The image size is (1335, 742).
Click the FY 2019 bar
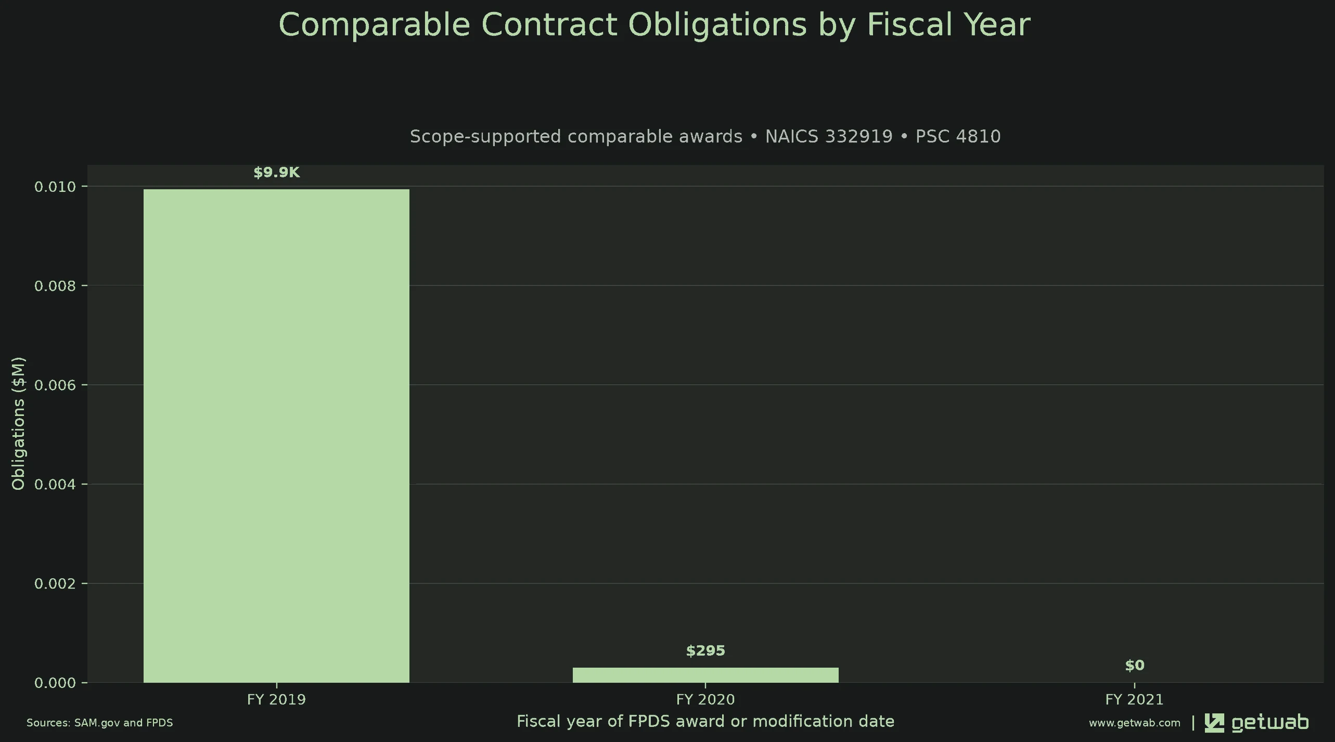pos(276,436)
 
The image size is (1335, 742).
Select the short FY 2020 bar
pos(705,675)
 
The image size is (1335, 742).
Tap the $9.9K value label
pos(276,173)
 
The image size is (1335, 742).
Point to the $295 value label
pos(705,651)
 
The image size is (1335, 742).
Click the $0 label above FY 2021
pos(1135,666)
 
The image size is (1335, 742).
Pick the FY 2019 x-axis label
pos(276,699)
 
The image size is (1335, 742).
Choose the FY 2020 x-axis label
pos(705,699)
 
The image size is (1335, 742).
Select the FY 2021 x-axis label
pos(1135,699)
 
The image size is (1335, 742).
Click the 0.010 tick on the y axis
pos(55,187)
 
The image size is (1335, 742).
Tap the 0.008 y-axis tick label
pos(55,286)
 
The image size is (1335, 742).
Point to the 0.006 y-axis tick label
pos(55,385)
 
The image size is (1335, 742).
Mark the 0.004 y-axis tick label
pos(55,485)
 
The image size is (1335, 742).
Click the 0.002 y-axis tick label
pos(55,584)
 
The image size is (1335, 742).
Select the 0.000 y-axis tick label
pos(55,683)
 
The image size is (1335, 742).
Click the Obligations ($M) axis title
pos(18,424)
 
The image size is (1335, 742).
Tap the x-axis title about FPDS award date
pos(705,722)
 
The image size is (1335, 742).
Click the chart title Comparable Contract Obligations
pos(654,24)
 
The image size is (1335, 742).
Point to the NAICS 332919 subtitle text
pos(829,137)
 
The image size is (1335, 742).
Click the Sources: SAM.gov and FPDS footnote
pos(100,723)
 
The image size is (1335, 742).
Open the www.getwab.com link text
pos(1135,723)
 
